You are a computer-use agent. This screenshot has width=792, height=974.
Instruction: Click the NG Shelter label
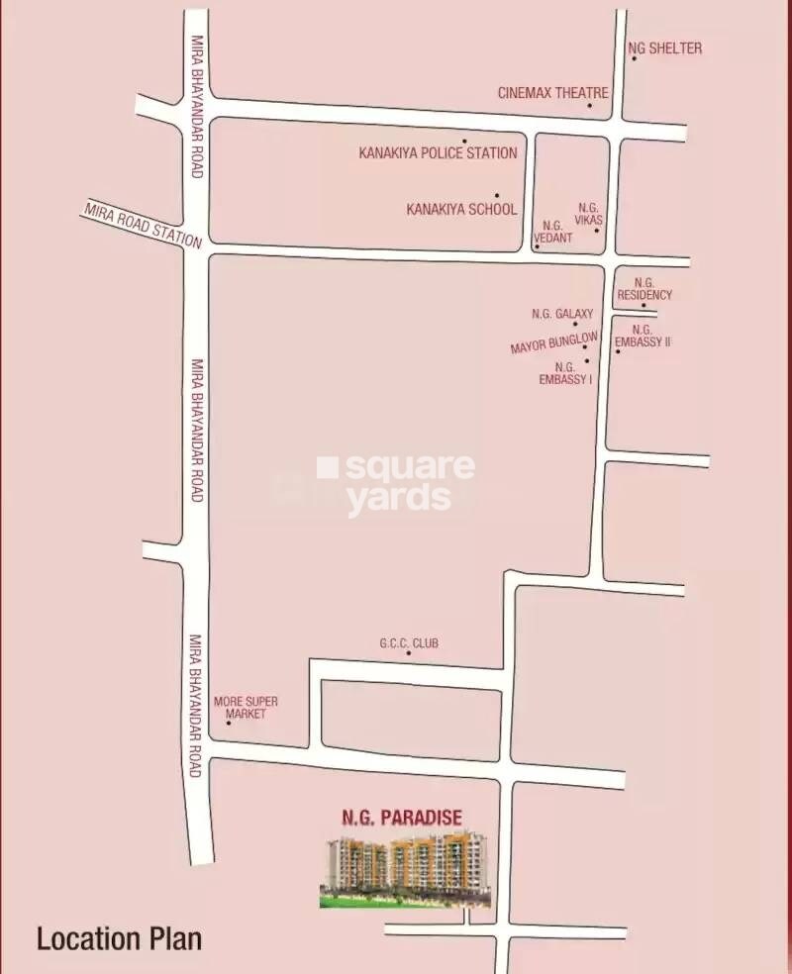[665, 48]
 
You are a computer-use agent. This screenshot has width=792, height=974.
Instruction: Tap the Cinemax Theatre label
[552, 92]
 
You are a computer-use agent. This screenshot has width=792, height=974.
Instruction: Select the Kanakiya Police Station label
[438, 153]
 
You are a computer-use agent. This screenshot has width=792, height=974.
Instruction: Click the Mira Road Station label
[143, 225]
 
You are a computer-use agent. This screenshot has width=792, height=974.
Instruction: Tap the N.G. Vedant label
[552, 232]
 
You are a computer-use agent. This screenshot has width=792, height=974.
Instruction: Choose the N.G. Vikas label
[588, 213]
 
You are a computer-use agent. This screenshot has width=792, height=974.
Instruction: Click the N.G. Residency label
[644, 289]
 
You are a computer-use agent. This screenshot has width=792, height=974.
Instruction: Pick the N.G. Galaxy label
[562, 314]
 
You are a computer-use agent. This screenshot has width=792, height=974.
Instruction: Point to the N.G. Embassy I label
[566, 372]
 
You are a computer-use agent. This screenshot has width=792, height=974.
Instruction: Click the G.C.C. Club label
[409, 643]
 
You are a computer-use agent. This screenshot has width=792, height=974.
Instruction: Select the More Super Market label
[246, 707]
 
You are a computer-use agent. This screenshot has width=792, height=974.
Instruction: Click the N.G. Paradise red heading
[402, 818]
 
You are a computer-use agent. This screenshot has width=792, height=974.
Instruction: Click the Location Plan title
[119, 938]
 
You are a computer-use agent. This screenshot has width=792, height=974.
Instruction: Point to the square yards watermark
[396, 483]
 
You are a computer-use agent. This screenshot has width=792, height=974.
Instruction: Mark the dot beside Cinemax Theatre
[589, 105]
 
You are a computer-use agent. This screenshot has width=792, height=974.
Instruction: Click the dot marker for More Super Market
[229, 723]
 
